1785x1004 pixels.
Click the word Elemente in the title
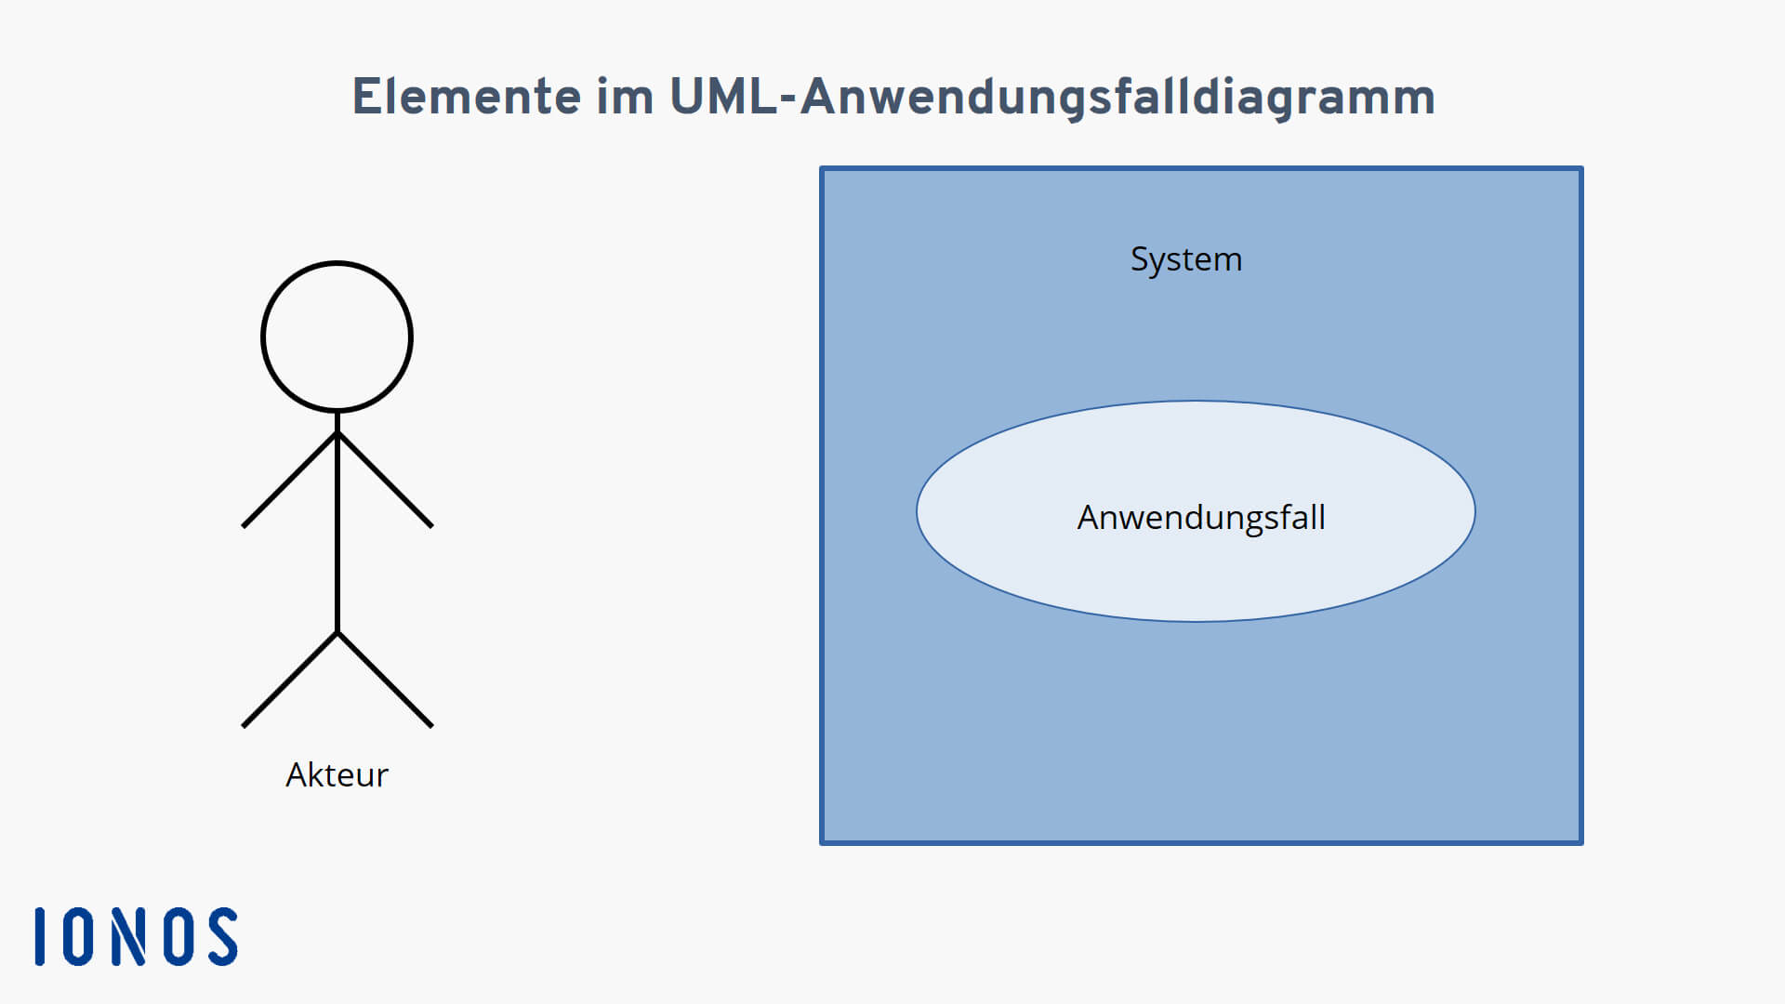[x=468, y=96]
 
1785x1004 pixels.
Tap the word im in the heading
[x=625, y=96]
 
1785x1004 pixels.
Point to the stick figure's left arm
[x=290, y=480]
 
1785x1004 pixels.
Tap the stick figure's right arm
[x=386, y=480]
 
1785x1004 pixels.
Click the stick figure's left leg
[x=290, y=680]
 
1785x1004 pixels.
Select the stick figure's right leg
[x=386, y=680]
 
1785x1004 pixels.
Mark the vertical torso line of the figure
[x=337, y=522]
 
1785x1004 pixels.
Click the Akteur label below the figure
[x=337, y=774]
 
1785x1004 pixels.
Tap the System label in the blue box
[x=1186, y=260]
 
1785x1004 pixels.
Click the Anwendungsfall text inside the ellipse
[x=1201, y=518]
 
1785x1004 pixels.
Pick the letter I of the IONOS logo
[x=40, y=936]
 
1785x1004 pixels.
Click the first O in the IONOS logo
[x=78, y=936]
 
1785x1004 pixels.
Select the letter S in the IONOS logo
[x=223, y=936]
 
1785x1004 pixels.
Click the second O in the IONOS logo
[x=178, y=936]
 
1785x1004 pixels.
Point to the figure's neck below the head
[x=337, y=421]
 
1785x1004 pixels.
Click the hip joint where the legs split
[x=337, y=633]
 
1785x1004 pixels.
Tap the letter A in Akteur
[x=297, y=774]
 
